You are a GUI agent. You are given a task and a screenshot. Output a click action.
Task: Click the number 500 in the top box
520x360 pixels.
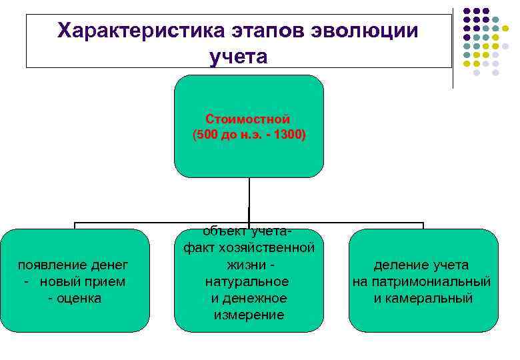208,135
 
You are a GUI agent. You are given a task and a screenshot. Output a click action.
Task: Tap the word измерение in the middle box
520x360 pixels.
249,315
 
